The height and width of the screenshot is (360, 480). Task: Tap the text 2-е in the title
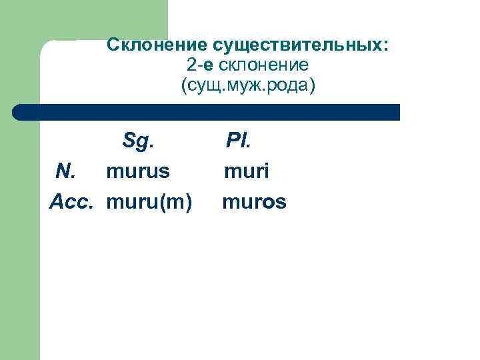click(200, 65)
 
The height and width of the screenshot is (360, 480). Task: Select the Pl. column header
click(237, 141)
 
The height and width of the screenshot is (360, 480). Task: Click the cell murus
click(138, 171)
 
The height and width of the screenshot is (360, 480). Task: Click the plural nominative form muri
click(246, 171)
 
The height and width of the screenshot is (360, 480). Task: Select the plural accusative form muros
click(254, 201)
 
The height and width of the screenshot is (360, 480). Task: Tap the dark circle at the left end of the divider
click(19, 112)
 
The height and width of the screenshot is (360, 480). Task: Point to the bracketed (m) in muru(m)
click(177, 201)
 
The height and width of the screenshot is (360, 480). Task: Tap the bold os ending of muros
click(275, 201)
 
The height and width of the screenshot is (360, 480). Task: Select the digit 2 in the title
click(191, 65)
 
